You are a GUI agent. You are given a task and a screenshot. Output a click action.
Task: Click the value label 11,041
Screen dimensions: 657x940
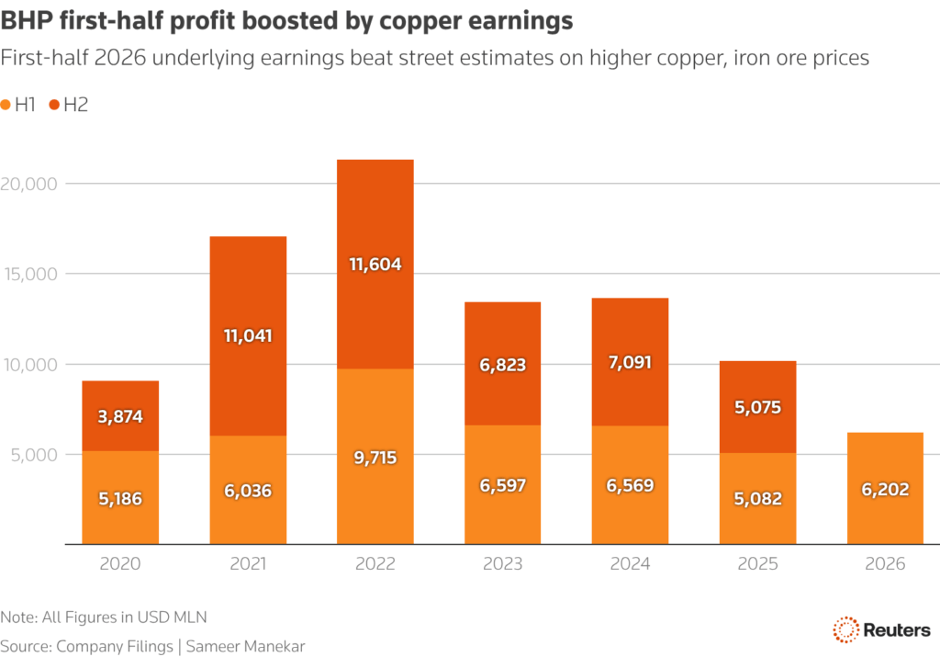point(248,335)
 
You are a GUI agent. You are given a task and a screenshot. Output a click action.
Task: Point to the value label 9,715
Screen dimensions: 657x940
point(375,457)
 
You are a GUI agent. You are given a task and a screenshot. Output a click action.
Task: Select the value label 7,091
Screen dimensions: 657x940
point(630,362)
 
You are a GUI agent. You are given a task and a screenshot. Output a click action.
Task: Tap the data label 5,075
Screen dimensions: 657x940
point(757,407)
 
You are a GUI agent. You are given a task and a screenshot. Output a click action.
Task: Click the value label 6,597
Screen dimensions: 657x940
point(502,485)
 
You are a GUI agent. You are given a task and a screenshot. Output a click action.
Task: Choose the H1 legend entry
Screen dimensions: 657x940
point(19,105)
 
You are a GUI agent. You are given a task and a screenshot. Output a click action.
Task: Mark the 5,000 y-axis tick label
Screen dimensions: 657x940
point(35,455)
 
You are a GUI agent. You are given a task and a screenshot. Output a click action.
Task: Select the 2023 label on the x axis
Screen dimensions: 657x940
point(502,563)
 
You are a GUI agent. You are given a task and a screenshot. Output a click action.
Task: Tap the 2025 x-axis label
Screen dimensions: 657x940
point(757,563)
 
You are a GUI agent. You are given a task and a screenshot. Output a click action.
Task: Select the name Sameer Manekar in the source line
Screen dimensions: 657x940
point(246,646)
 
